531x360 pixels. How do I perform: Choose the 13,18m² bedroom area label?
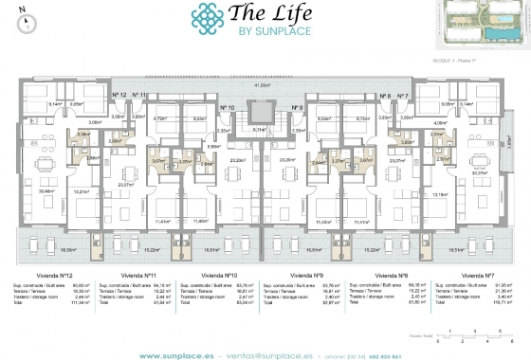438,195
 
